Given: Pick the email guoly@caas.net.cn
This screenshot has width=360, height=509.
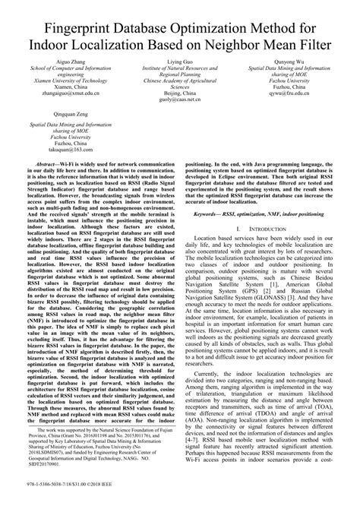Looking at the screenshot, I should (181, 100).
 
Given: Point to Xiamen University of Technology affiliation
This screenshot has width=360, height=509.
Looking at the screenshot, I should (71, 79).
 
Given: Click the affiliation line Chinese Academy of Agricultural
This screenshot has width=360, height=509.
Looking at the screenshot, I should (181, 79).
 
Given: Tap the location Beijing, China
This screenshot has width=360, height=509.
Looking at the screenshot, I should (181, 93).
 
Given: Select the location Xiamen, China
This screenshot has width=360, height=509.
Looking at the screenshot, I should (71, 86).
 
